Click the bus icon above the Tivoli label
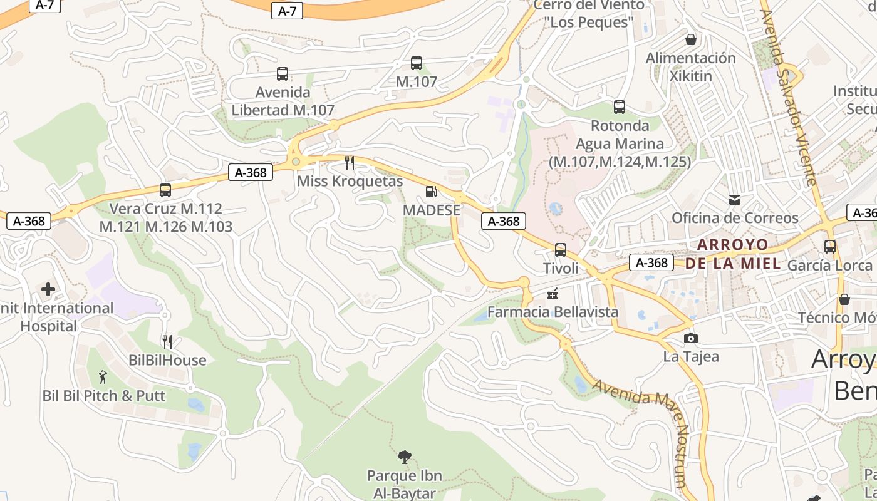pyautogui.click(x=561, y=250)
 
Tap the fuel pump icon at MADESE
pyautogui.click(x=431, y=192)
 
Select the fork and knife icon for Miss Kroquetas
pyautogui.click(x=350, y=163)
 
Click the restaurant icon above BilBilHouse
pyautogui.click(x=167, y=342)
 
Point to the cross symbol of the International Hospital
pyautogui.click(x=48, y=289)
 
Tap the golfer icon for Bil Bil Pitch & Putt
pyautogui.click(x=103, y=377)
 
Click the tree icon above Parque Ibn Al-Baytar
pyautogui.click(x=405, y=457)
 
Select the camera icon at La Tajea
pyautogui.click(x=690, y=339)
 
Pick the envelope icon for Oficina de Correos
pyautogui.click(x=735, y=200)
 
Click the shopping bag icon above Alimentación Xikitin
pyautogui.click(x=691, y=40)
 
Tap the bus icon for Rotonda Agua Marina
pyautogui.click(x=620, y=107)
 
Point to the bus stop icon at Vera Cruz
pyautogui.click(x=165, y=190)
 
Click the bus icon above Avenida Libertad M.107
pyautogui.click(x=283, y=74)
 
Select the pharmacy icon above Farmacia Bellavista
pyautogui.click(x=553, y=293)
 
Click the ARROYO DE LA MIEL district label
pyautogui.click(x=733, y=254)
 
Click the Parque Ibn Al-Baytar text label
pyautogui.click(x=405, y=484)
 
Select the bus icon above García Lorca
pyautogui.click(x=830, y=247)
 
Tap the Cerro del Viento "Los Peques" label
pyautogui.click(x=589, y=14)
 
